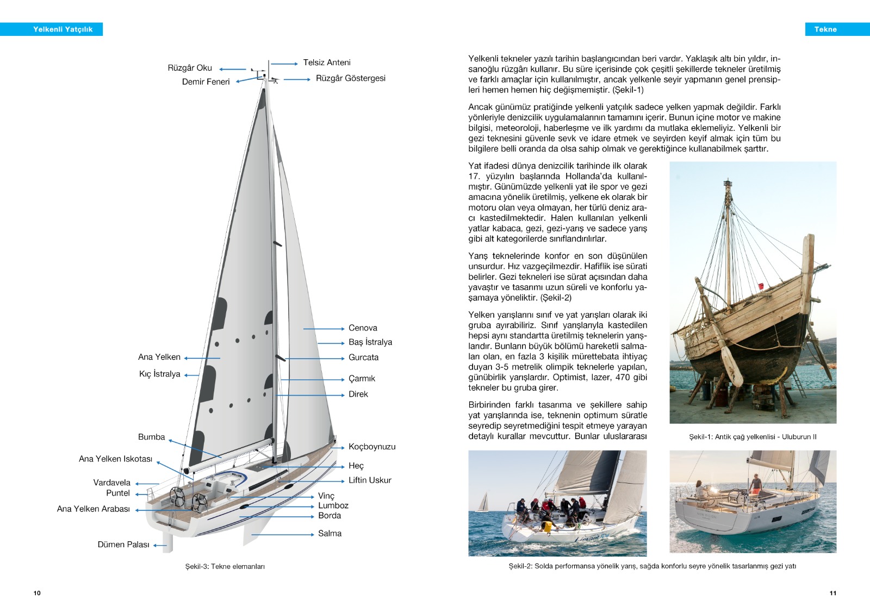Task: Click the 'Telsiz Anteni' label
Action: pos(326,62)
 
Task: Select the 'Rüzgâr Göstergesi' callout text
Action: pos(350,78)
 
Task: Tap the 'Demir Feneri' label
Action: pos(206,82)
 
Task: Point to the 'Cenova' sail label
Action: pos(363,328)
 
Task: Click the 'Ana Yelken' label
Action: pos(159,357)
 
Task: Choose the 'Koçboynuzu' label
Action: pos(372,447)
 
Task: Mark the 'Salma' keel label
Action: pos(330,534)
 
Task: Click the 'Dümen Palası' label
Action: pos(123,545)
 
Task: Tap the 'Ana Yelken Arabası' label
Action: pos(94,509)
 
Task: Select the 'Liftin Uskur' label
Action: pos(370,480)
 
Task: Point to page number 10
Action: pos(37,593)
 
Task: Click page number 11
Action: pos(833,593)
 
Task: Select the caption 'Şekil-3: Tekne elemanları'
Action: pos(225,566)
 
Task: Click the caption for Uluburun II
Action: pos(753,437)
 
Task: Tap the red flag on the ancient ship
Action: pos(761,286)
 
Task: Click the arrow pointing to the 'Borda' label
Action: pos(283,516)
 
